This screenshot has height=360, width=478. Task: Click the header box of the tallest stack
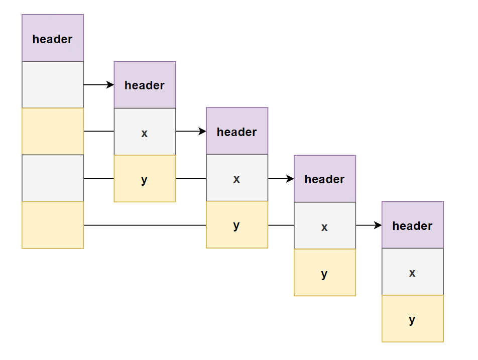pyautogui.click(x=53, y=38)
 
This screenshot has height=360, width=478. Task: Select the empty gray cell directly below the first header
pyautogui.click(x=53, y=84)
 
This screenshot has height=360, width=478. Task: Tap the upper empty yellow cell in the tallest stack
pyautogui.click(x=53, y=132)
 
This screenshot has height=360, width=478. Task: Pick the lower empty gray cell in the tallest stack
pyautogui.click(x=53, y=178)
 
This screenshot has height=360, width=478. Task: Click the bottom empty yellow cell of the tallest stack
pyautogui.click(x=53, y=225)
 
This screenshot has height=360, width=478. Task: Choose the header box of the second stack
pyautogui.click(x=145, y=85)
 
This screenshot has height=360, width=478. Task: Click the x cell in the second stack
pyautogui.click(x=145, y=132)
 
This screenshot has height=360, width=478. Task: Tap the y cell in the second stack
pyautogui.click(x=145, y=178)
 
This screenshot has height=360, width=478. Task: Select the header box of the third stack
pyautogui.click(x=237, y=131)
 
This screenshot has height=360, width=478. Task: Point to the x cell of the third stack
pyautogui.click(x=237, y=178)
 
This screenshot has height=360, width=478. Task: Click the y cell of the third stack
pyautogui.click(x=237, y=224)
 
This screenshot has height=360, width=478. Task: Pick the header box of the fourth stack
pyautogui.click(x=325, y=179)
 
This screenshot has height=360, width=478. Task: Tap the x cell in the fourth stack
pyautogui.click(x=325, y=225)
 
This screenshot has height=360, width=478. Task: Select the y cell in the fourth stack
pyautogui.click(x=325, y=273)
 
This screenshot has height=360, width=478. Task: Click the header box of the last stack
pyautogui.click(x=413, y=224)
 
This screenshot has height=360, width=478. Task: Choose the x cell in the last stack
pyautogui.click(x=413, y=272)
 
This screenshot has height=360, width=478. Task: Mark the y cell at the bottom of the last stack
pyautogui.click(x=413, y=318)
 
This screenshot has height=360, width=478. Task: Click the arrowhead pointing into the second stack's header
pyautogui.click(x=110, y=85)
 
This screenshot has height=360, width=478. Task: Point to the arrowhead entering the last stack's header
pyautogui.click(x=378, y=225)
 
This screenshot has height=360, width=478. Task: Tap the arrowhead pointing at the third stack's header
pyautogui.click(x=202, y=132)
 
